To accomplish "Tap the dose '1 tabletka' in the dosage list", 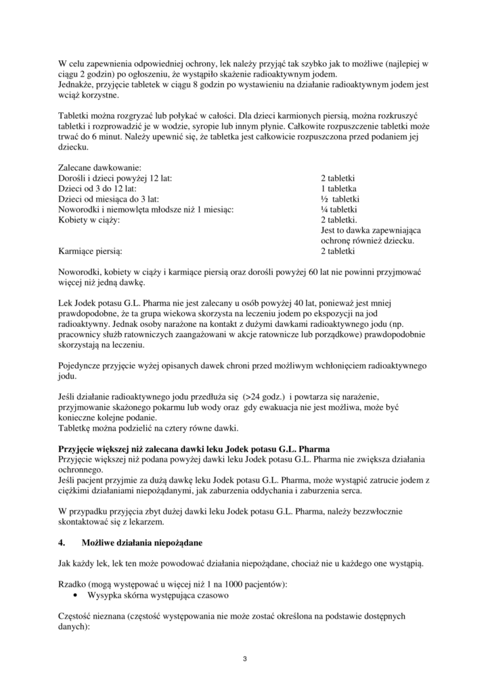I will [x=339, y=189].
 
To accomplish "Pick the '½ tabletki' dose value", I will [x=340, y=199].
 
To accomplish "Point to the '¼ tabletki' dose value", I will [x=340, y=210].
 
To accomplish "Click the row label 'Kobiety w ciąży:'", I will [x=89, y=221].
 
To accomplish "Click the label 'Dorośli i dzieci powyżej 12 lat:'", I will [x=115, y=178].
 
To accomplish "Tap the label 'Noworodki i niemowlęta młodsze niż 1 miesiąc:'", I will [x=146, y=210].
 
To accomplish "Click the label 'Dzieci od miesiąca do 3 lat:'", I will [x=108, y=199].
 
